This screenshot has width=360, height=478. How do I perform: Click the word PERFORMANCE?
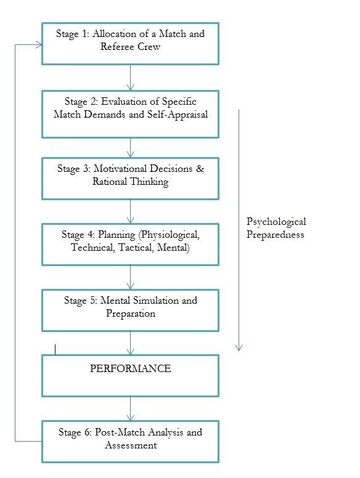(x=130, y=368)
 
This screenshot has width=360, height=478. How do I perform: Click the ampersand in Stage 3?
(x=200, y=168)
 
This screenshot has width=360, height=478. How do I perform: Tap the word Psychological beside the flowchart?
(x=276, y=222)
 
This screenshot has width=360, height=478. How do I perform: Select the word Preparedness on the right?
(x=275, y=235)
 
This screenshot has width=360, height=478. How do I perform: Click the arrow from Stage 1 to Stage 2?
(x=130, y=78)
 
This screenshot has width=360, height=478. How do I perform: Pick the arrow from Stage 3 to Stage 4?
(x=130, y=211)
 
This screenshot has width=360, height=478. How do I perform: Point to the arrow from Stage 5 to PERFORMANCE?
(x=130, y=343)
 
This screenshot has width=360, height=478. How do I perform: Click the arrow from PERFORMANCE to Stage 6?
(x=130, y=408)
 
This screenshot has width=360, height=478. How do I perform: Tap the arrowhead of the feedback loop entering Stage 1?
(x=39, y=45)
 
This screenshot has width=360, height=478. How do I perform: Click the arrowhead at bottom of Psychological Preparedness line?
(x=239, y=348)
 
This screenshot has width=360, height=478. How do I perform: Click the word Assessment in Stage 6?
(x=131, y=445)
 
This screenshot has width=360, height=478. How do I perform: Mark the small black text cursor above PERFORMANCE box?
(x=55, y=349)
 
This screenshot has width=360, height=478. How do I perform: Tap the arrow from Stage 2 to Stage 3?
(x=130, y=148)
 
